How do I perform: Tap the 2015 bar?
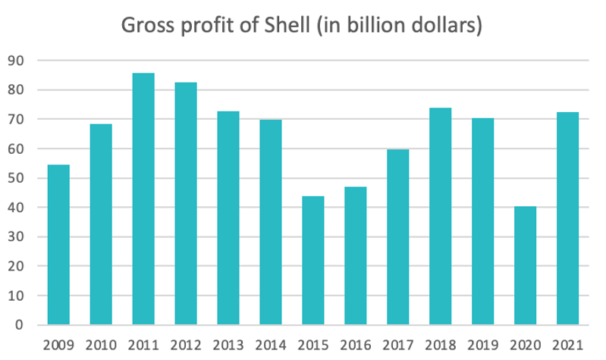point(313,261)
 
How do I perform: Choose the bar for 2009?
point(58,245)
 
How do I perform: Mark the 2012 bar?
point(186,204)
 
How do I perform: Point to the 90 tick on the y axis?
point(17,61)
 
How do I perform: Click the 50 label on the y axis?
point(17,179)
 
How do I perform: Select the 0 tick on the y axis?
point(20,326)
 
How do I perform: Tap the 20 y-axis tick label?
point(17,267)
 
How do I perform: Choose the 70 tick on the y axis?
point(17,120)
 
